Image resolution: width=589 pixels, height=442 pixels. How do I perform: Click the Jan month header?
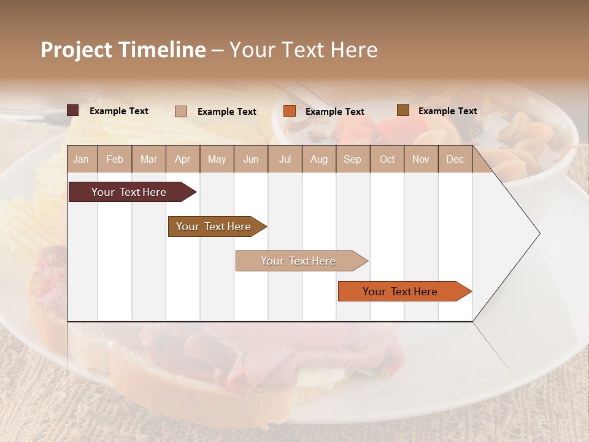coord(81,159)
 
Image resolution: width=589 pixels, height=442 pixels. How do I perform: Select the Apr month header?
coord(182,159)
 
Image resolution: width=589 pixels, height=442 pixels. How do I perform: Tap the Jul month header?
coord(285,159)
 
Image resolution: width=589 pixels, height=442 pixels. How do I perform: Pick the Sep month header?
coord(352,159)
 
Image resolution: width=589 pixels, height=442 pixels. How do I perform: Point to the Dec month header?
coord(455,159)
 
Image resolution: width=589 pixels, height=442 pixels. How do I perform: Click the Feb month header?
coord(115,159)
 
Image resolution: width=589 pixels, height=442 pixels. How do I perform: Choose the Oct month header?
coord(387,159)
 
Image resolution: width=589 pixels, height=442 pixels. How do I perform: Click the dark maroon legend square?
coord(73,110)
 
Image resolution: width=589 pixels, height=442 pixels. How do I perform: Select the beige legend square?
coord(181,111)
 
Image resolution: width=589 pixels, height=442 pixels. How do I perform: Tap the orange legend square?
coord(290,111)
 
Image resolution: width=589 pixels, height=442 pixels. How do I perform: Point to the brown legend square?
coord(402,110)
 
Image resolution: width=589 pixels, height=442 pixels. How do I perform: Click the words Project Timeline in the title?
coord(123,50)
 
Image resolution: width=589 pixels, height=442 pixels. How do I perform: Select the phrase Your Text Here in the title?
coord(303,50)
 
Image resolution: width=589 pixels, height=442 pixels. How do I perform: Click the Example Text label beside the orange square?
coord(334,112)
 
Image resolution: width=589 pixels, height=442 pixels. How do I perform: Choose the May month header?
coord(217,159)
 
